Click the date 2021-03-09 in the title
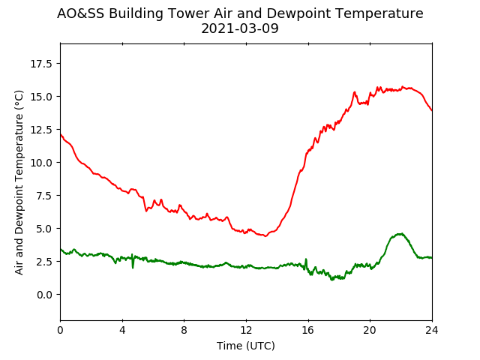(240, 28)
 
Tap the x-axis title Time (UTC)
(246, 346)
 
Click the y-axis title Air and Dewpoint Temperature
(19, 182)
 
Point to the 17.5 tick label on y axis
(41, 64)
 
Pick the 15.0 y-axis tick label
(41, 97)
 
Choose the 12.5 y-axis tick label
(41, 130)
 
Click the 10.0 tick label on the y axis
(41, 163)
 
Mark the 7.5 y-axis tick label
(44, 196)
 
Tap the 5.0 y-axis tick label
(44, 229)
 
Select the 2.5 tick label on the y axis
(44, 262)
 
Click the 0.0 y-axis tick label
(44, 295)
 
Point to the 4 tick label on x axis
(122, 330)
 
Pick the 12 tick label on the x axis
(246, 330)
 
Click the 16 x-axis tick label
(308, 330)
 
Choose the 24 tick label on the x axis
(432, 330)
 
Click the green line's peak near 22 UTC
(400, 234)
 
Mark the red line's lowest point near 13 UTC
(265, 236)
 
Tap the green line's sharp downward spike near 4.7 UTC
(133, 268)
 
